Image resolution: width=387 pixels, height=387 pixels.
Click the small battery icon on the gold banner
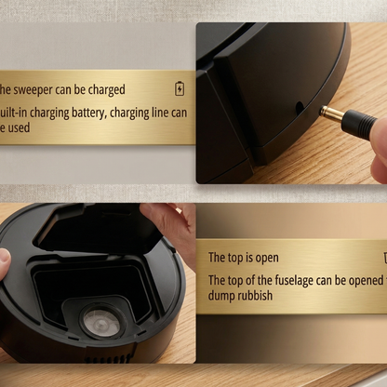[180, 89]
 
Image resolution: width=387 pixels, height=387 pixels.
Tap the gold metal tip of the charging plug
[331, 114]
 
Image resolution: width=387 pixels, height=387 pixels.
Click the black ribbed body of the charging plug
[358, 123]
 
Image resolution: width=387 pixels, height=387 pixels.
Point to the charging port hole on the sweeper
[300, 108]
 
